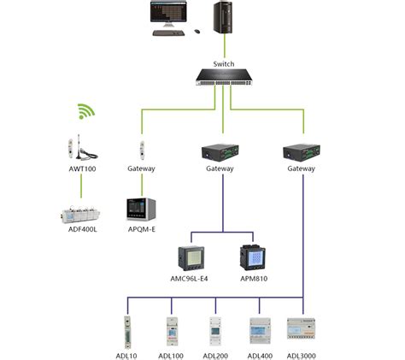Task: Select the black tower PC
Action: pos(225,18)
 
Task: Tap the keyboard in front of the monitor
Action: pos(169,34)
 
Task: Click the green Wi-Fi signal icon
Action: pos(85,110)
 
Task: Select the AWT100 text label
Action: pos(83,168)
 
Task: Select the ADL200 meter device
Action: pos(216,331)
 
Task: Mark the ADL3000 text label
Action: pos(302,353)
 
